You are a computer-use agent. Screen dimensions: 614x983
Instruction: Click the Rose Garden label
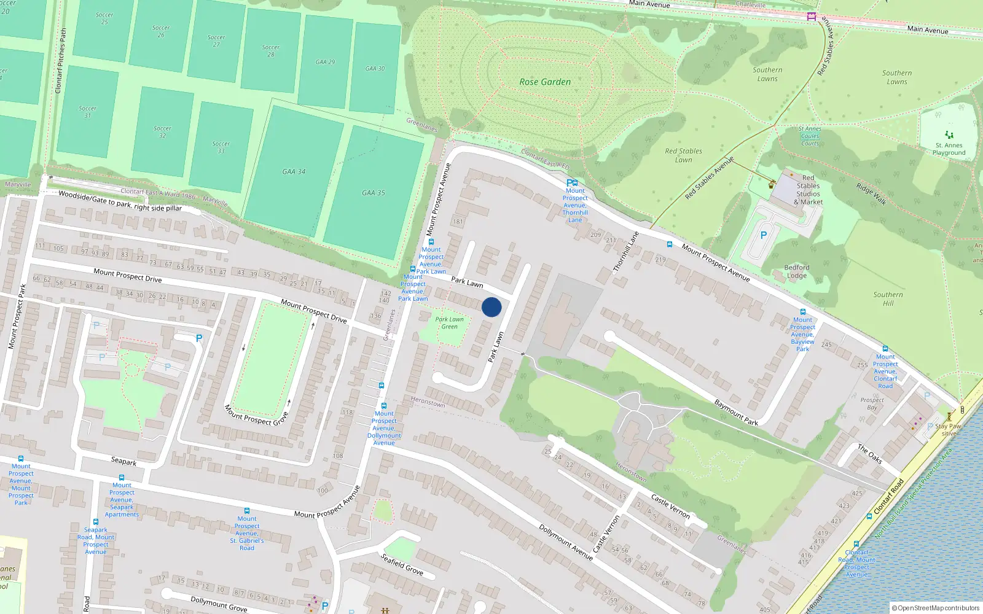tap(545, 82)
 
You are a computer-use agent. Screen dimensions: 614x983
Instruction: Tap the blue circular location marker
tap(491, 307)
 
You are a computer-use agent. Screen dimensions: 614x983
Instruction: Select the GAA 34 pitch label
tap(294, 172)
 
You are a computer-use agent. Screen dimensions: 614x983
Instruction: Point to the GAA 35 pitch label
tap(374, 193)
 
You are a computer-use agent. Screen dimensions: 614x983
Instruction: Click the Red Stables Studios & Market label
tap(808, 190)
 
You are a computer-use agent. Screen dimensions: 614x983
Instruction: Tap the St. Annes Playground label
tap(949, 149)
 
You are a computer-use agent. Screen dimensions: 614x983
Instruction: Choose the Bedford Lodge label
tap(797, 271)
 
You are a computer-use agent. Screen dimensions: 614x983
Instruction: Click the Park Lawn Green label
tap(450, 323)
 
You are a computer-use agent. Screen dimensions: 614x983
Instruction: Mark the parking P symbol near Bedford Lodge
tap(764, 235)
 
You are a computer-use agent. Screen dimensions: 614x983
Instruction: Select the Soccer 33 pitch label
tap(221, 147)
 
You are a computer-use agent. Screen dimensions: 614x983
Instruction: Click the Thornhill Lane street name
tap(626, 252)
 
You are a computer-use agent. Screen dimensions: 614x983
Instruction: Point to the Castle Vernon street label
tap(670, 506)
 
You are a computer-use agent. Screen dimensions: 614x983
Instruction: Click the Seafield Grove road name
tap(402, 564)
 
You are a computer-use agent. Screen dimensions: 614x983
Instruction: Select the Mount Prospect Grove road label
tap(256, 415)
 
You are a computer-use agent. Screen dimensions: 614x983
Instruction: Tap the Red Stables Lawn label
tap(683, 155)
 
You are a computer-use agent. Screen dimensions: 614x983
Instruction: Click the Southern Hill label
tap(888, 299)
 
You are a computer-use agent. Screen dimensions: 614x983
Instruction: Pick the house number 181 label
tap(458, 222)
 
